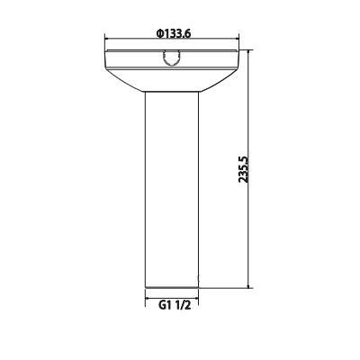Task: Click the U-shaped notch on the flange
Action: [171, 59]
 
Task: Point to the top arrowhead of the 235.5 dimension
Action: [249, 53]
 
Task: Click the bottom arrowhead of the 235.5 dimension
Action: [249, 285]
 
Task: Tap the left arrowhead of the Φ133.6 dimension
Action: [108, 40]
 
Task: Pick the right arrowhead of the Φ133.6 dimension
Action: [236, 40]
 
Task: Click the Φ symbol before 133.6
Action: [158, 33]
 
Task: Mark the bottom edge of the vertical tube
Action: [171, 285]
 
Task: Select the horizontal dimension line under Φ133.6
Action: [135, 40]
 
